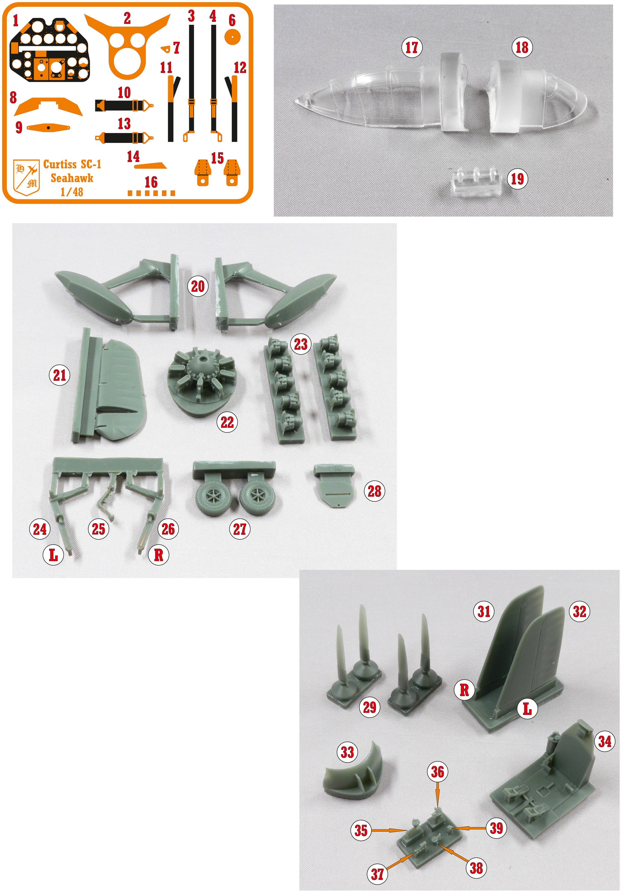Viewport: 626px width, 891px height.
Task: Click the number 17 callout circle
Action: [412, 48]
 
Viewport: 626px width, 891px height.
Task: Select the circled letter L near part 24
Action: [53, 555]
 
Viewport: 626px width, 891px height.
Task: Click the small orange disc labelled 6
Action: [232, 37]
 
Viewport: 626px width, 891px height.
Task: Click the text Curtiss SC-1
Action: [72, 164]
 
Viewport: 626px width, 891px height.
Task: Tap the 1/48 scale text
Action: [72, 192]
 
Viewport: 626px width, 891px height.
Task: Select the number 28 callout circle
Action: [374, 491]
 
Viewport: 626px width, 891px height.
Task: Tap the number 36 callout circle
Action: [438, 772]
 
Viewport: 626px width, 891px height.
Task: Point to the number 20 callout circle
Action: [198, 287]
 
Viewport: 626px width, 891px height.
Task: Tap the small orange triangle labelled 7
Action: [166, 49]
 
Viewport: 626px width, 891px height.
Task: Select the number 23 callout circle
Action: [300, 344]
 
